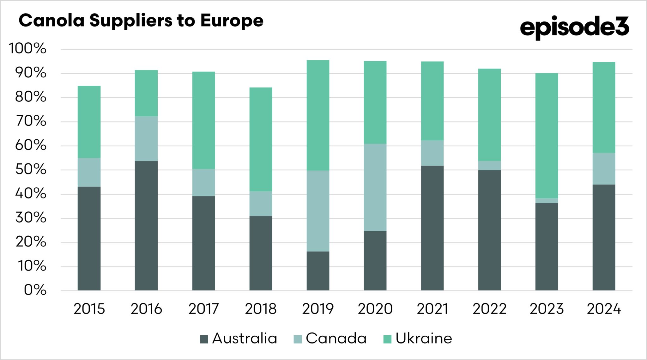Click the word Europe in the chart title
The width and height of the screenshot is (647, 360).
232,21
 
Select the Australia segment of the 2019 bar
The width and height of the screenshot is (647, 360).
318,271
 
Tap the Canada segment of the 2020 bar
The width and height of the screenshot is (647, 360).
375,187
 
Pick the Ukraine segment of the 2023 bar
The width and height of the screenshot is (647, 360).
547,136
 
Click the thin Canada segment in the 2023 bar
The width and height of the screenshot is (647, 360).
547,201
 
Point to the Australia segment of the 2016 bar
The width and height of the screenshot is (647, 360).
146,226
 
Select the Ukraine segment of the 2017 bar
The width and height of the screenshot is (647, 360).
203,120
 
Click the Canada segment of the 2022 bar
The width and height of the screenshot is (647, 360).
489,166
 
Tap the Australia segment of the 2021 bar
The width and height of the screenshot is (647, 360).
432,228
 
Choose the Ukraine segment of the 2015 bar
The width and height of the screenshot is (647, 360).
89,122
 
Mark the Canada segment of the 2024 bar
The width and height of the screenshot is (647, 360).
604,169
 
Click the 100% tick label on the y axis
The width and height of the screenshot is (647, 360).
28,49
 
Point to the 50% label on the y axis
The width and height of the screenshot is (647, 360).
31,170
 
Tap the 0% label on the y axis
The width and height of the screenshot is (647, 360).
35,290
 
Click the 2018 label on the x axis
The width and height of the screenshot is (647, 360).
261,309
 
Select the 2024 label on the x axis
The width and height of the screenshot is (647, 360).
604,309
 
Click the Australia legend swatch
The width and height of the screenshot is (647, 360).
204,339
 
